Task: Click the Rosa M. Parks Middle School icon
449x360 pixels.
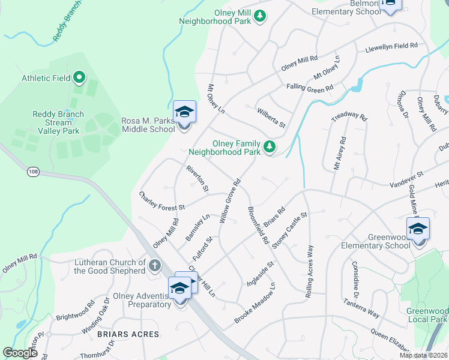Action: [x=185, y=112]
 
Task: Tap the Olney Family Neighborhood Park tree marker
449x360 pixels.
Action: [x=270, y=146]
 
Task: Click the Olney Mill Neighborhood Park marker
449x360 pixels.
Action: [x=259, y=16]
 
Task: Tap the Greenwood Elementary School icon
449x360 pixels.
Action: [x=418, y=229]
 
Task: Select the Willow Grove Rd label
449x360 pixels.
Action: [x=230, y=201]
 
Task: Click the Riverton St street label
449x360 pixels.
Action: [x=197, y=179]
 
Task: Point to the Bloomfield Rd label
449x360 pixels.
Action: [x=258, y=225]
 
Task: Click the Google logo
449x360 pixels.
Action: [x=20, y=353]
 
